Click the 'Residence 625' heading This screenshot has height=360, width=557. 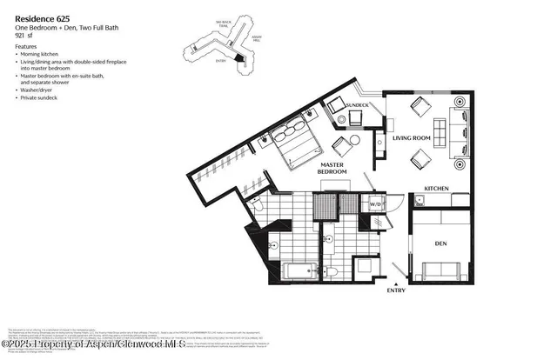(41, 17)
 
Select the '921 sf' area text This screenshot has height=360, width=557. (26, 37)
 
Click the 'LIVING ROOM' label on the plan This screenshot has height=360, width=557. (413, 138)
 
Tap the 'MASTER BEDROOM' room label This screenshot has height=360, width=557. (333, 168)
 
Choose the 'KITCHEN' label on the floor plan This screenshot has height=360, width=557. (436, 188)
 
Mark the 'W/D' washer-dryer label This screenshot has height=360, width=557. (376, 205)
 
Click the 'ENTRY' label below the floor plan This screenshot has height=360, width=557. (396, 290)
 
